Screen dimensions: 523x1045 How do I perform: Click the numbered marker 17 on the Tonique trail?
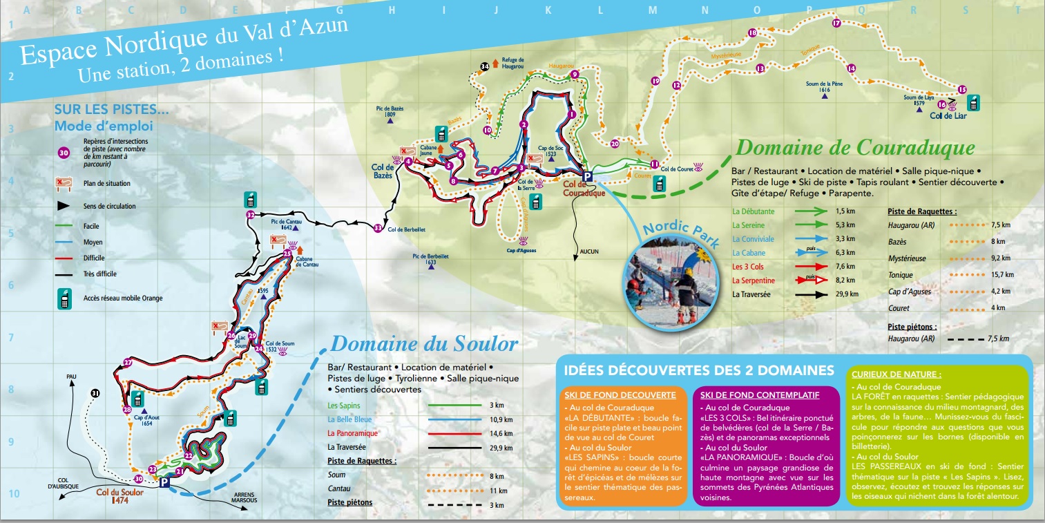(836, 23)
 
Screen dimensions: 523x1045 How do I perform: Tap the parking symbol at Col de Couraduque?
(588, 177)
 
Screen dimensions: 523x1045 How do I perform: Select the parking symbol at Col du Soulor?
(164, 483)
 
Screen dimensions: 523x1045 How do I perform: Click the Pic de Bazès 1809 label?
(390, 111)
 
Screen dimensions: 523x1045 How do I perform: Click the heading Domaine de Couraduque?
(856, 147)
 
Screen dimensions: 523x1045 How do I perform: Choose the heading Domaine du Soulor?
(423, 343)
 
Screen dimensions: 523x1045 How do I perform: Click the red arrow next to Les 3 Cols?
(811, 267)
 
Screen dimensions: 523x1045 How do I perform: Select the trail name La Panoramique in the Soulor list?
(352, 433)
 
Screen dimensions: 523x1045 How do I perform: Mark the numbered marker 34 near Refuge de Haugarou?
(485, 66)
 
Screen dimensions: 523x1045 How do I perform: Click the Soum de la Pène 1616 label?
(824, 87)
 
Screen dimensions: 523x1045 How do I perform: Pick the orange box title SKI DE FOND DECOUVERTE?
(619, 395)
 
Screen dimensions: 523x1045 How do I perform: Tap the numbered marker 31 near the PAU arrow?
(95, 393)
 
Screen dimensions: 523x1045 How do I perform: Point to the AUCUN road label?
(589, 251)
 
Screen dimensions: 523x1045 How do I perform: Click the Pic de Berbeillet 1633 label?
(432, 258)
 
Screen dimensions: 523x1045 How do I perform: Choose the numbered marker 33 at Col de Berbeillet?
(377, 227)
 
